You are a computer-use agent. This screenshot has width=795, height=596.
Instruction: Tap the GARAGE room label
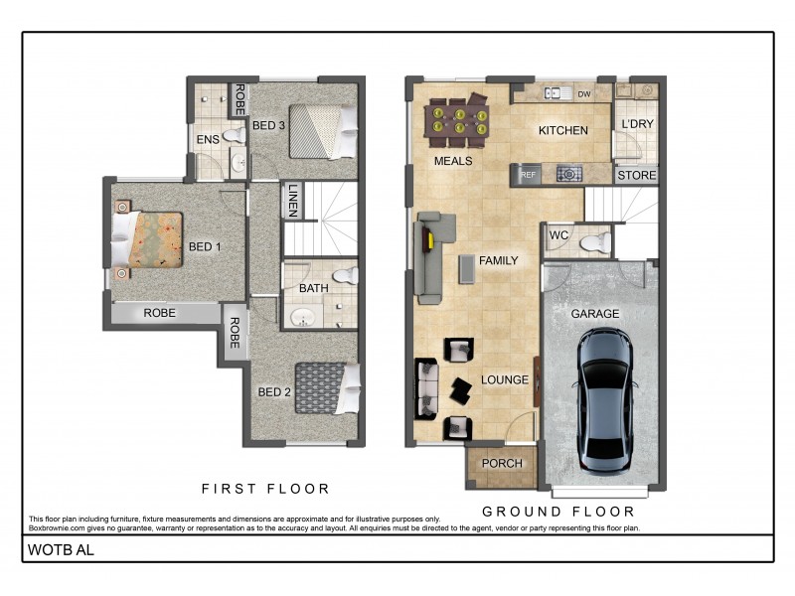pyautogui.click(x=594, y=314)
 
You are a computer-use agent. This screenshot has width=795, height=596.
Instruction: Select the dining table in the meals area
pyautogui.click(x=456, y=122)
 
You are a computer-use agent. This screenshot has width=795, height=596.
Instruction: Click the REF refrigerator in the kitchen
pyautogui.click(x=528, y=175)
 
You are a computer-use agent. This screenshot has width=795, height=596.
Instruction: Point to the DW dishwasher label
pyautogui.click(x=584, y=94)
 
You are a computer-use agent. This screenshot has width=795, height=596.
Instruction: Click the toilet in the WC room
pyautogui.click(x=594, y=241)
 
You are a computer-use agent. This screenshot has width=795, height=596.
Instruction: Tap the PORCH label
pyautogui.click(x=502, y=464)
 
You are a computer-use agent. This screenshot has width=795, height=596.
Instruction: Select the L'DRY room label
pyautogui.click(x=636, y=124)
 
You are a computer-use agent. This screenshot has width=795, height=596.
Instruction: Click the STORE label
pyautogui.click(x=636, y=176)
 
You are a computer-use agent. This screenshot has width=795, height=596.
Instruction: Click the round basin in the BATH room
pyautogui.click(x=300, y=317)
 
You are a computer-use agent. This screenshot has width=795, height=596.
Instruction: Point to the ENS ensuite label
pyautogui.click(x=208, y=140)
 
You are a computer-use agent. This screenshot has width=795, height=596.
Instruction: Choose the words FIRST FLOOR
pyautogui.click(x=265, y=489)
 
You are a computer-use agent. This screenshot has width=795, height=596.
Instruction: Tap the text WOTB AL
pyautogui.click(x=61, y=548)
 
